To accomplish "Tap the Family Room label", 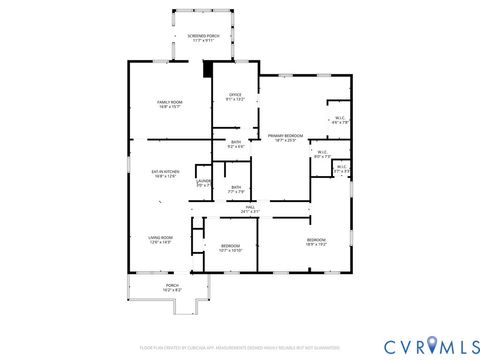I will [168, 102].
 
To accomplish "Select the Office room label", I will [235, 96].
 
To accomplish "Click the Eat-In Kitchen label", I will [164, 173].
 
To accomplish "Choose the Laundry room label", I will [203, 182].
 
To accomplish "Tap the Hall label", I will [250, 208].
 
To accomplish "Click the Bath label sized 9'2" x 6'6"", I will [235, 144].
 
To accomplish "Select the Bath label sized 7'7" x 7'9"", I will [235, 189].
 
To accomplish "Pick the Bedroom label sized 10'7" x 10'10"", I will [230, 247].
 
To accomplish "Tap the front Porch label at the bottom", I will [172, 286].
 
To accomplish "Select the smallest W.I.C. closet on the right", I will [341, 168].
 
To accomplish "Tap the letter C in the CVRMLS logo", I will [393, 345].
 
